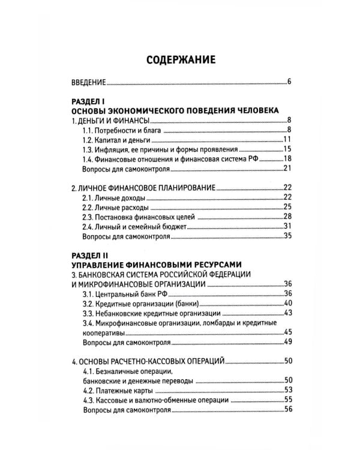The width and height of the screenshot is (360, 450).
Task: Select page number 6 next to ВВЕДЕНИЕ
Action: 289,82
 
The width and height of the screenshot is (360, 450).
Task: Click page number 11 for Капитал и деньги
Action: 287,140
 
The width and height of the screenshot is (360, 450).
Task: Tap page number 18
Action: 287,159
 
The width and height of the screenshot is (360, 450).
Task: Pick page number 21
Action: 287,169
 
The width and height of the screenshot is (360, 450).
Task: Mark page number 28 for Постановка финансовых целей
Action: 287,216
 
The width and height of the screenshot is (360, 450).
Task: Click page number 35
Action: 287,236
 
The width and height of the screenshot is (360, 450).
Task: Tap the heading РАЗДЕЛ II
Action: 89,255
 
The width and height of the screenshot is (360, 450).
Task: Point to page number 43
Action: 287,313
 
